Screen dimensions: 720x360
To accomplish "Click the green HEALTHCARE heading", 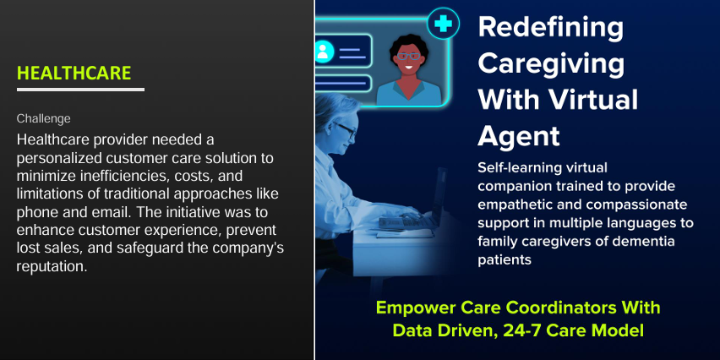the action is tap(74, 73).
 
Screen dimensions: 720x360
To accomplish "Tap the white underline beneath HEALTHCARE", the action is tap(80, 90).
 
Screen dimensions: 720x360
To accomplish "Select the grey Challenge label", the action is tap(44, 119).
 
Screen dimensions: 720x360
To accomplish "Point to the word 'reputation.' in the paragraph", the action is tap(52, 267).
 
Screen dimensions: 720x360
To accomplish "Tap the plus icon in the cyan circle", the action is tap(443, 24).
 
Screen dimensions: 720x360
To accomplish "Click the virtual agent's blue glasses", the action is tap(408, 57).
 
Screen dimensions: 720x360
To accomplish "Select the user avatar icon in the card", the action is tap(323, 52).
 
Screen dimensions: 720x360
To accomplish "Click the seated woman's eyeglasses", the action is tap(346, 130).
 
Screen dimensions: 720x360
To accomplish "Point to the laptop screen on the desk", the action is tap(438, 195).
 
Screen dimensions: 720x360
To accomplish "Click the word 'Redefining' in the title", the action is tap(550, 28).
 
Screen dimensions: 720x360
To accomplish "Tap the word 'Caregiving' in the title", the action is tap(551, 64).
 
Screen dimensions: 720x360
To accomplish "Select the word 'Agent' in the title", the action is tap(519, 135).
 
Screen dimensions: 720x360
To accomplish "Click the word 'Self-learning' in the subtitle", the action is tap(517, 168).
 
